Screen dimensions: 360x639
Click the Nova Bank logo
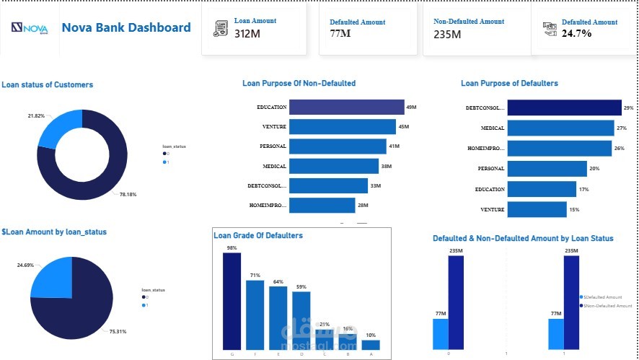[x=30, y=29]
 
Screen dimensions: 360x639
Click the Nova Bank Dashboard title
[x=126, y=28]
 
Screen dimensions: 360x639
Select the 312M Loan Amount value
[x=247, y=34]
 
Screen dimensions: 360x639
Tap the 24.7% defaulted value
[x=576, y=33]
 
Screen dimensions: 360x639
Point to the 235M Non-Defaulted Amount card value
[x=447, y=34]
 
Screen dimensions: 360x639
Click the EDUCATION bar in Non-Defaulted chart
[x=346, y=107]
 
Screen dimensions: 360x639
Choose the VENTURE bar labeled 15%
[x=537, y=210]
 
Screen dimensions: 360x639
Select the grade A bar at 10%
[x=371, y=345]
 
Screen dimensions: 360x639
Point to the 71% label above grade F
[x=255, y=276]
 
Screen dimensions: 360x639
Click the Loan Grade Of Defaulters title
[x=258, y=236]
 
